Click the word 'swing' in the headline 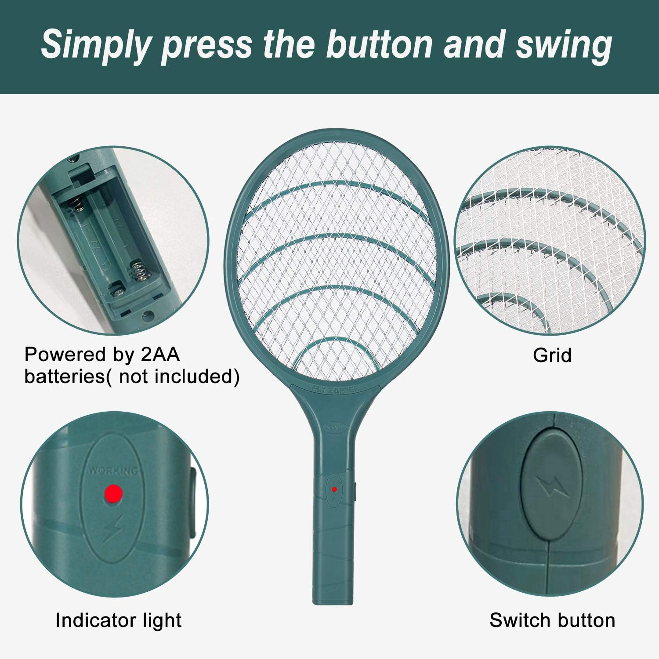[x=564, y=46]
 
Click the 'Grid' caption [x=552, y=355]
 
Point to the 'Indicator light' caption [x=118, y=620]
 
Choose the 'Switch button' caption [x=552, y=620]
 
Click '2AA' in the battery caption [x=160, y=355]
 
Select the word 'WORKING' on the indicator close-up [x=113, y=471]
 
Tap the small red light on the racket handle [x=334, y=489]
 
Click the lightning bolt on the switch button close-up [x=551, y=486]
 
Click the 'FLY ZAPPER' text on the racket [x=335, y=389]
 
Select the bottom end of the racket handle [x=333, y=600]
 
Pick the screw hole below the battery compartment [x=148, y=315]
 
